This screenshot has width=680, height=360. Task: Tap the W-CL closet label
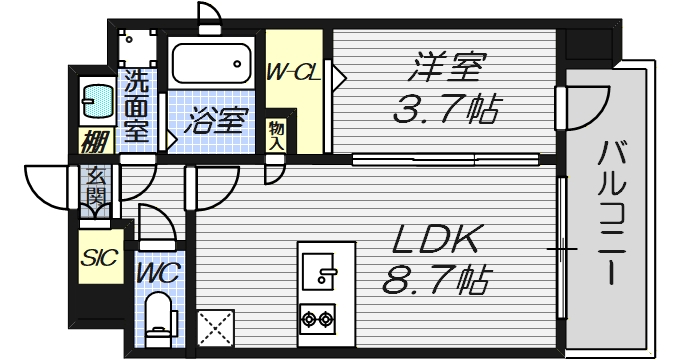[292, 72]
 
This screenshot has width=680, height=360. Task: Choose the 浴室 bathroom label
[214, 122]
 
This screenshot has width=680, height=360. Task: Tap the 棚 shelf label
[95, 141]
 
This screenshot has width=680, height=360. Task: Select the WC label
[159, 271]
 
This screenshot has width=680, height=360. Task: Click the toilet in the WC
[158, 318]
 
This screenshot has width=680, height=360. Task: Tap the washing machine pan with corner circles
[138, 48]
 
